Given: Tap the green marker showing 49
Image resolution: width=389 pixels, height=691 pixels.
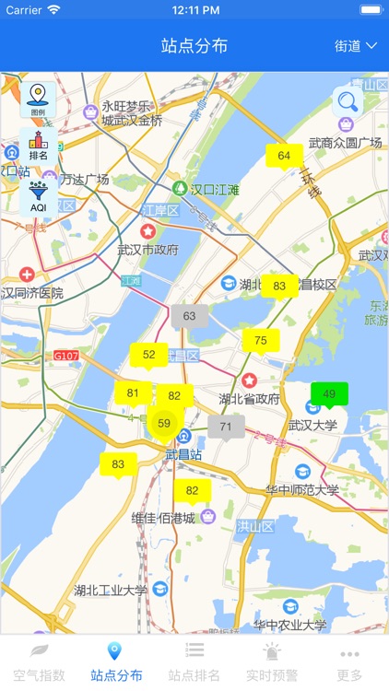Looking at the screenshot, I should click(329, 394).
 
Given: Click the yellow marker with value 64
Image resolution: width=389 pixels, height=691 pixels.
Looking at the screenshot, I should click(284, 156).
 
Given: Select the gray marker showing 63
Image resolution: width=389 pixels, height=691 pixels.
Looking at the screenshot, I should click(189, 316).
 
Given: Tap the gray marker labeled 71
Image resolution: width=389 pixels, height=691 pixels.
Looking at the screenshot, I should click(226, 427).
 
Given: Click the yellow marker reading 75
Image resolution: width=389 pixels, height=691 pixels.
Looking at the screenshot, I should click(261, 341).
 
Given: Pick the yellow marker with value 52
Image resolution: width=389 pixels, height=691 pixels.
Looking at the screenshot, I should click(148, 354).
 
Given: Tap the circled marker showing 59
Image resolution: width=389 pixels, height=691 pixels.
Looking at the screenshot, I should click(164, 424).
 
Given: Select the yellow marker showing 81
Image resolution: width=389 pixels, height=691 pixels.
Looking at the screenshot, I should click(133, 393).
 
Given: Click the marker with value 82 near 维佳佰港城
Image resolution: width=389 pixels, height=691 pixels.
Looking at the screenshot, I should click(192, 491).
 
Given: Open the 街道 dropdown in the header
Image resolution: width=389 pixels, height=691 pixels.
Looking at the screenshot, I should click(355, 45).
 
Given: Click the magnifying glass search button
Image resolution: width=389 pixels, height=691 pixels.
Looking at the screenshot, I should click(348, 100).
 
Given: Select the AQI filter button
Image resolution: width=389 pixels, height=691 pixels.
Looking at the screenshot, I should click(38, 196).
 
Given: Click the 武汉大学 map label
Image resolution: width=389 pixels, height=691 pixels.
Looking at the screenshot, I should click(313, 425).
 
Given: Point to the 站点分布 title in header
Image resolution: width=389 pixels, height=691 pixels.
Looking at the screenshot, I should click(194, 45).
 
